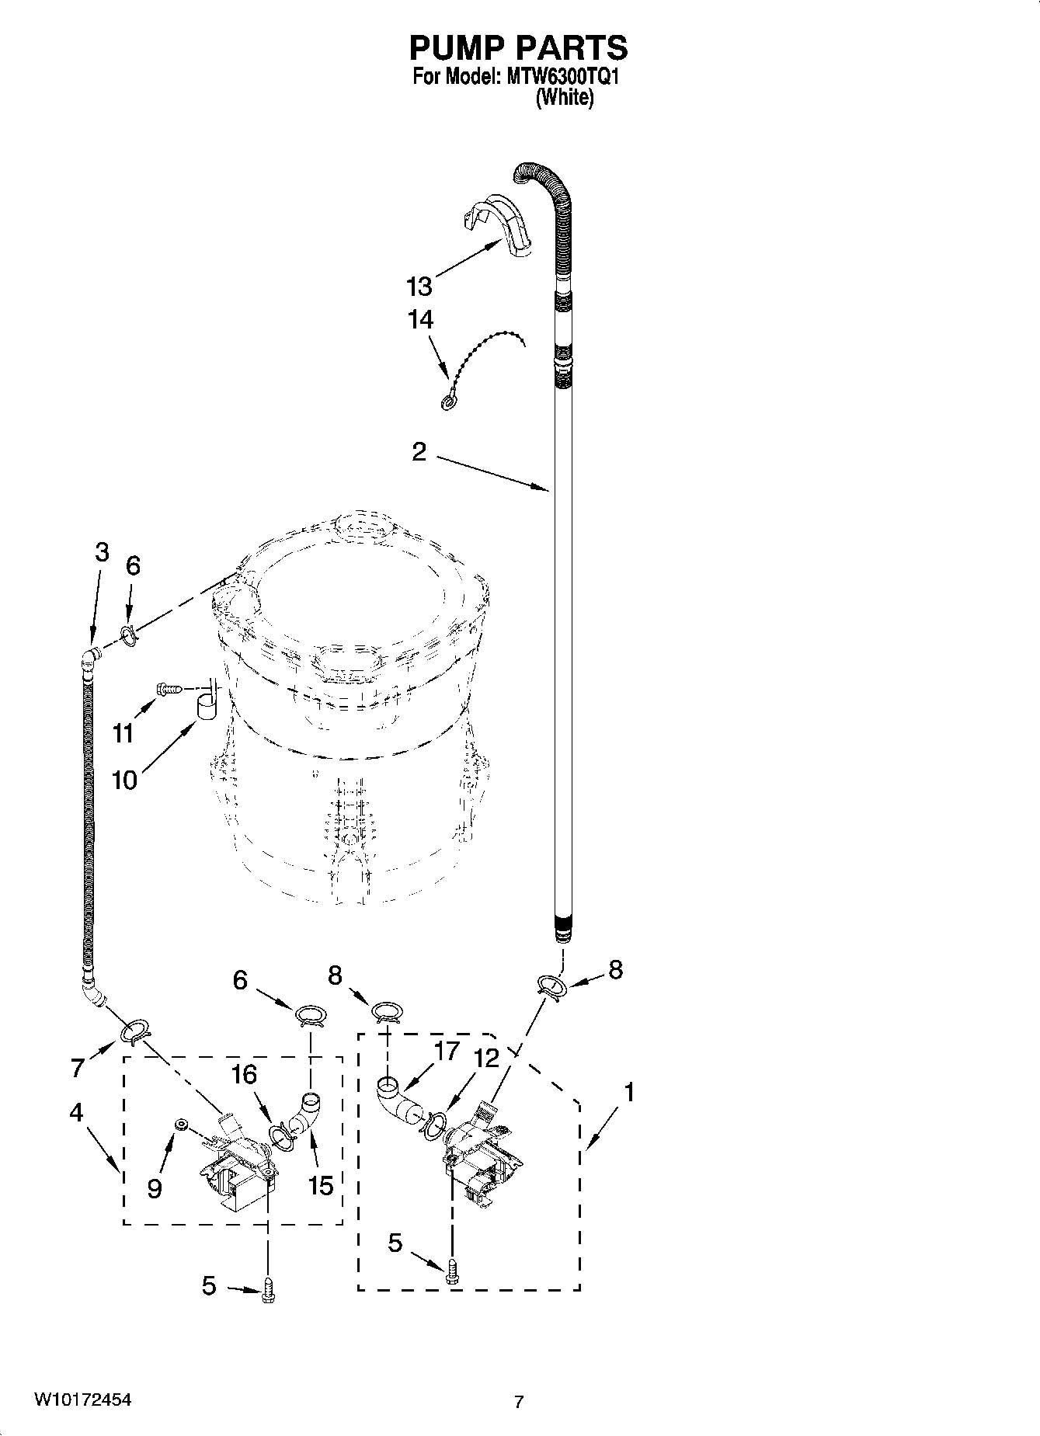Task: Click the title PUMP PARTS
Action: (x=518, y=48)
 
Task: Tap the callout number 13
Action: (x=419, y=287)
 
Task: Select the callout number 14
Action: (x=420, y=319)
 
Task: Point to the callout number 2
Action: (x=419, y=452)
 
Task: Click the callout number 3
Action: (x=102, y=552)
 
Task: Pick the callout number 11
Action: (x=123, y=732)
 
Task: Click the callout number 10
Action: (x=124, y=779)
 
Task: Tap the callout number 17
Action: (x=447, y=1051)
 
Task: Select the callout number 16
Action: (x=244, y=1074)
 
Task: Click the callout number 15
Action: (x=321, y=1185)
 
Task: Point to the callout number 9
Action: (x=155, y=1187)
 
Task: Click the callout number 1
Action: (x=628, y=1092)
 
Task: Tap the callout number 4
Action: (x=75, y=1112)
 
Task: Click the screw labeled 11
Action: (x=169, y=688)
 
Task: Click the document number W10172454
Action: (x=82, y=1399)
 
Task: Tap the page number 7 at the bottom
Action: (x=519, y=1402)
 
